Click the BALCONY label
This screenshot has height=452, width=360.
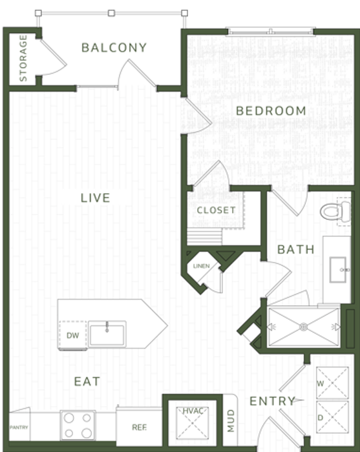[x=114, y=48]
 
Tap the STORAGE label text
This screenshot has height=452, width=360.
[x=23, y=58]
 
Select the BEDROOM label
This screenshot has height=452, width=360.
[x=271, y=111]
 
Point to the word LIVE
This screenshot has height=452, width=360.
[x=95, y=198]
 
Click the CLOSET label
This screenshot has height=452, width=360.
[x=216, y=210]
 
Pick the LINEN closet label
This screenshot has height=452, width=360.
[x=202, y=266]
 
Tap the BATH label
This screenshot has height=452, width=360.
[x=296, y=250]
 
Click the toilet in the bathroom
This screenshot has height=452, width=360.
[x=335, y=212]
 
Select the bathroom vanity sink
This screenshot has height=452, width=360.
[x=338, y=270]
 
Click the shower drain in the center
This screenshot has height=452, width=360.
[x=303, y=327]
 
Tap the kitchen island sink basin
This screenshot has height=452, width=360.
[x=107, y=334]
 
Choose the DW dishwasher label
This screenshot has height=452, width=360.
[x=72, y=336]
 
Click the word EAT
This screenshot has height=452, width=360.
[x=87, y=382]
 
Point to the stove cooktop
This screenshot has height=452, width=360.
[x=78, y=425]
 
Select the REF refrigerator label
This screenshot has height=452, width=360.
[x=140, y=427]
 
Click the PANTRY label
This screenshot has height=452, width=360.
[x=19, y=427]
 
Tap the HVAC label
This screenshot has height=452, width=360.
[x=193, y=411]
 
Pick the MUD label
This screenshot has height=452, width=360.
[x=231, y=421]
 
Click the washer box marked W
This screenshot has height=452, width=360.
[x=332, y=383]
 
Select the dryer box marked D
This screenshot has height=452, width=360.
[x=332, y=417]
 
